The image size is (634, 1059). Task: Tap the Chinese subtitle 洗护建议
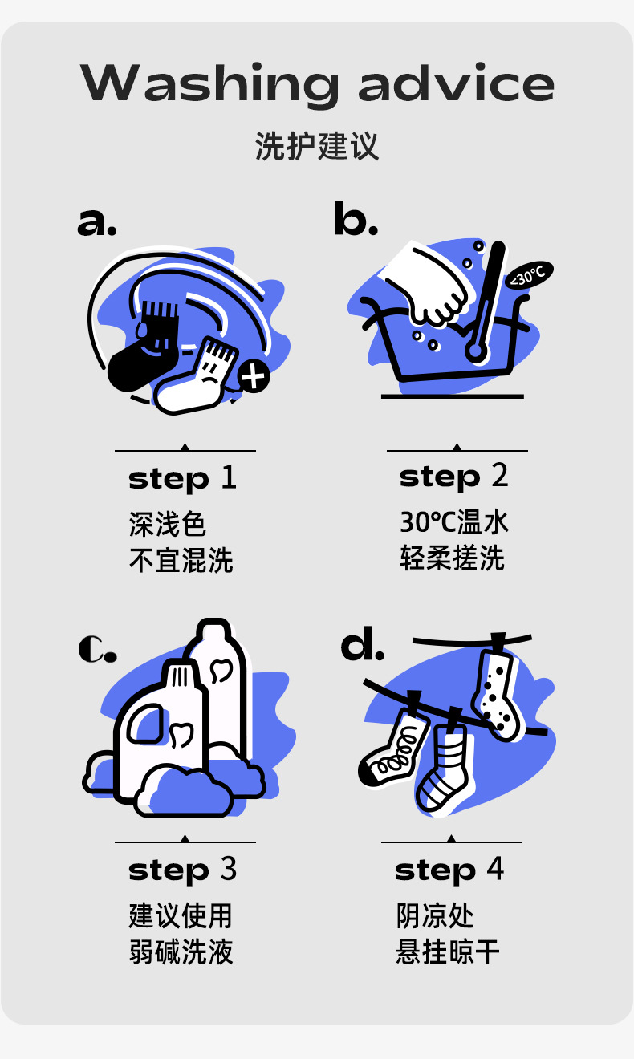(317, 147)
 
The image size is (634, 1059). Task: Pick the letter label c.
(97, 649)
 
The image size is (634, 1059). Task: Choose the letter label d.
(362, 646)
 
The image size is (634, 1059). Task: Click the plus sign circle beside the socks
(254, 375)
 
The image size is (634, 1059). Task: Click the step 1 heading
(183, 478)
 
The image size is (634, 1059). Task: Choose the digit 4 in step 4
(495, 870)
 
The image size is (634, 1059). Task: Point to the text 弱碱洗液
(181, 952)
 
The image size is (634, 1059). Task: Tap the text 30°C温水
(454, 522)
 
